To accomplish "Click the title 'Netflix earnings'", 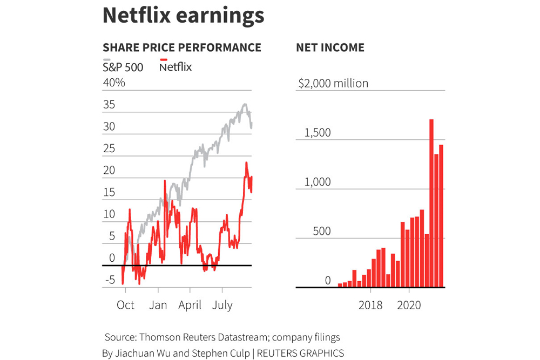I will click(183, 16).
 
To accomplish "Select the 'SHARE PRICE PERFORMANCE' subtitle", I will click(181, 47).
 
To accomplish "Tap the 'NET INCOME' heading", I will click(330, 47).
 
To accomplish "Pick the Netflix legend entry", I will click(175, 67).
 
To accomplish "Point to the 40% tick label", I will click(114, 83).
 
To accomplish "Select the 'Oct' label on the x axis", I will click(125, 305).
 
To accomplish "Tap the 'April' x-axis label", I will click(190, 305).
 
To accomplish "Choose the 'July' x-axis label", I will click(222, 305).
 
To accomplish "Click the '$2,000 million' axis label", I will click(333, 83).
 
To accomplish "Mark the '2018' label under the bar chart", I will click(370, 305).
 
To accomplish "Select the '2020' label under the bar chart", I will click(409, 305).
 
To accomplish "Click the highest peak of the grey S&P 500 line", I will click(245, 105).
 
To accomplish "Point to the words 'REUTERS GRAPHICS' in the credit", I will click(300, 353).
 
